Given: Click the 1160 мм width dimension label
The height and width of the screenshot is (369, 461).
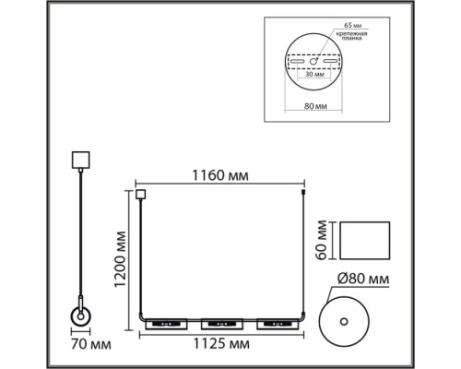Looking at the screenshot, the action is (x=220, y=175).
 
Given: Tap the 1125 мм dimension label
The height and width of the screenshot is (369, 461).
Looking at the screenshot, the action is (x=221, y=344).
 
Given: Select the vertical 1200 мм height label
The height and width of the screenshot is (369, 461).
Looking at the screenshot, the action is (x=120, y=259).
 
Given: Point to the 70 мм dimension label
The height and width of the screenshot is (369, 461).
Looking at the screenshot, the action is (x=91, y=344).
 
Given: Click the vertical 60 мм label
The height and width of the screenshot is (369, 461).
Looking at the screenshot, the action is (x=322, y=240).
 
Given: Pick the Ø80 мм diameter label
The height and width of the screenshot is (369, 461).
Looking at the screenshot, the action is (x=363, y=280).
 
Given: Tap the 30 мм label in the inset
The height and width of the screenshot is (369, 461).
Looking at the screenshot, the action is (x=314, y=74).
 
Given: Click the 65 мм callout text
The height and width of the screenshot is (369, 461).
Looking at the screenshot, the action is (x=352, y=25).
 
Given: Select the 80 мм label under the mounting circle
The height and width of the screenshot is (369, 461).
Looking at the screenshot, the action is (x=315, y=106).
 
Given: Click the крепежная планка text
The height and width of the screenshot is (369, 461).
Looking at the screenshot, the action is (x=352, y=36).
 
